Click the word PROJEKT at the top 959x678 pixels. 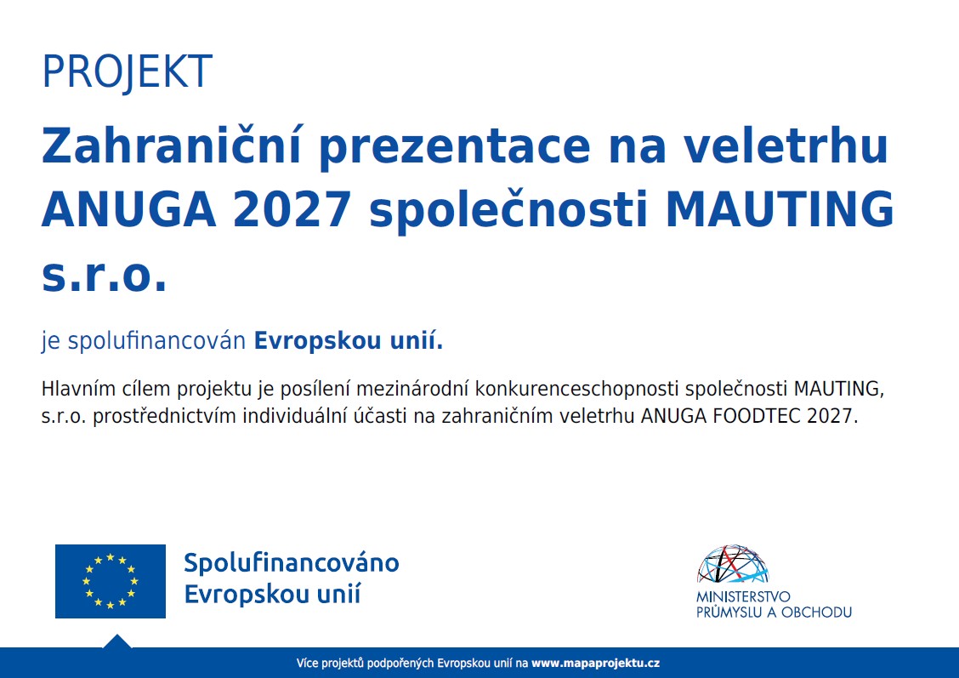128,71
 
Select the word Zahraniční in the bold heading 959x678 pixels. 172,145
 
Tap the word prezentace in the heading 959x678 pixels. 455,148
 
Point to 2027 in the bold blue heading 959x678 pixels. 292,210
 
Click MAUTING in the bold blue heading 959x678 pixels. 780,210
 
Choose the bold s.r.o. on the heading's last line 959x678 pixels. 104,276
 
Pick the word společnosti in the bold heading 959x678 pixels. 508,210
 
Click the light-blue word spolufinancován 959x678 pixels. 156,341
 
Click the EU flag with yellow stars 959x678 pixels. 110,581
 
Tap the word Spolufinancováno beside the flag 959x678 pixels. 292,563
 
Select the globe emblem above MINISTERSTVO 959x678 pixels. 732,563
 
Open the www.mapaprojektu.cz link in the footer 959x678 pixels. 596,663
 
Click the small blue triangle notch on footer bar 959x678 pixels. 116,641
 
